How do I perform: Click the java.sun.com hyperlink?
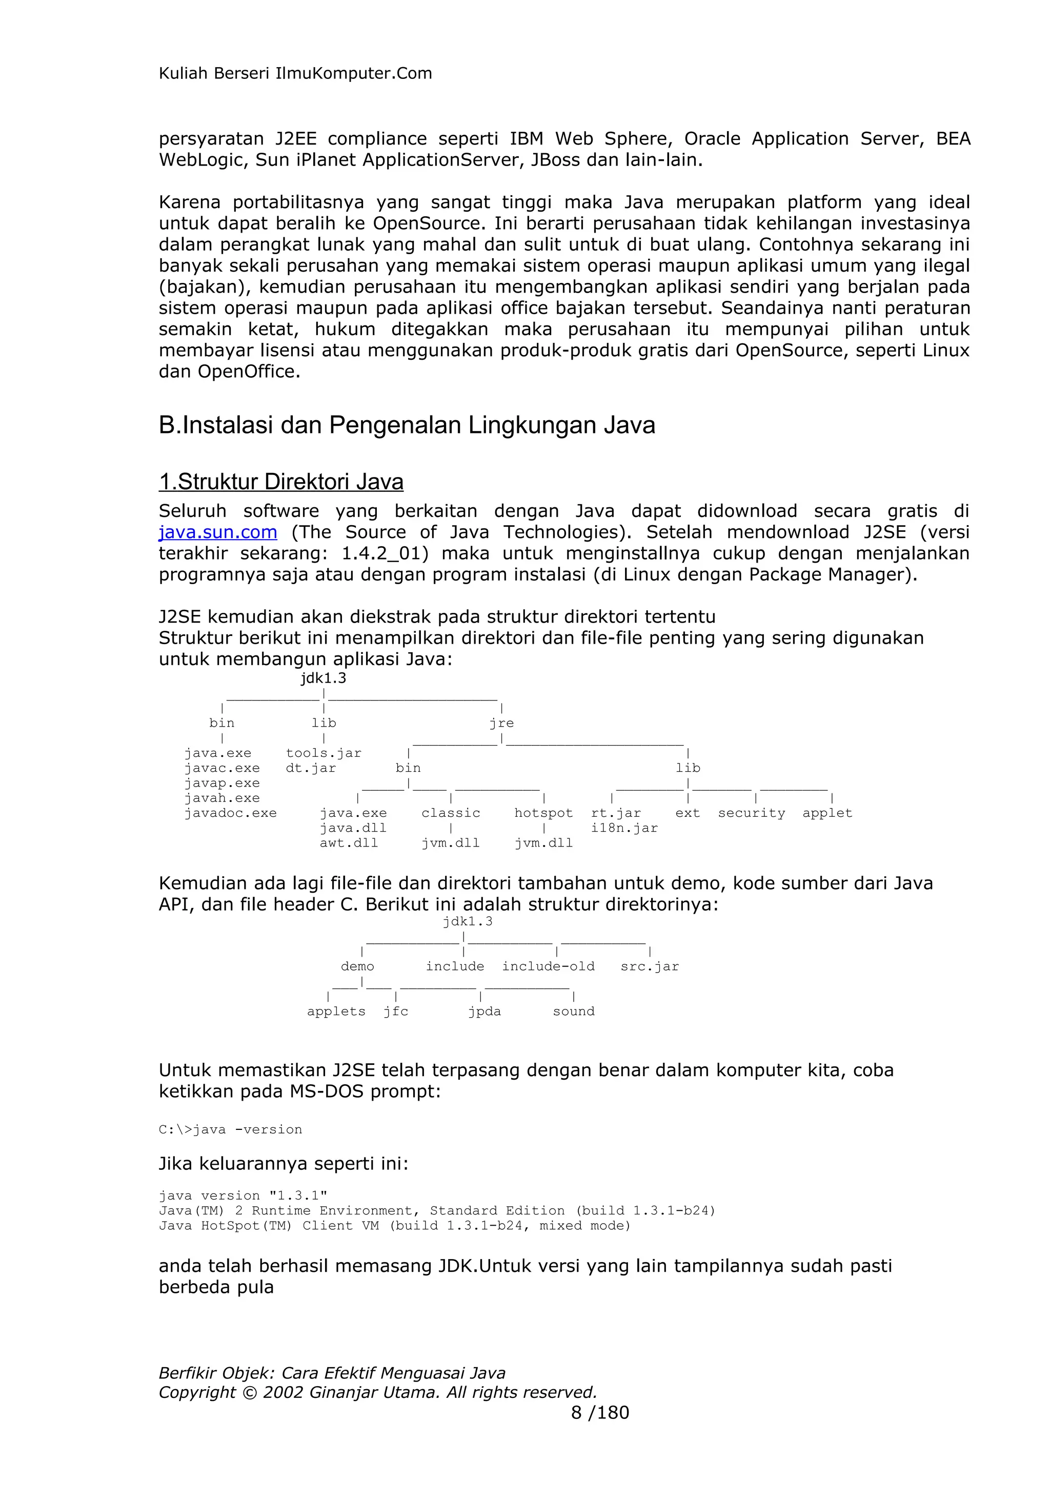[218, 532]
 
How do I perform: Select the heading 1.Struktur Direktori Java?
[281, 482]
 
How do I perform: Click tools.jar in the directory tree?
[324, 753]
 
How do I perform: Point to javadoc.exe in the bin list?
[230, 813]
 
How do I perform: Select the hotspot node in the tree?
[543, 813]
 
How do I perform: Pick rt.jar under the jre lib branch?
[615, 813]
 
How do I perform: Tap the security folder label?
[751, 813]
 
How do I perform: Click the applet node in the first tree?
[827, 813]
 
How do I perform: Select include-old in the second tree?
[548, 966]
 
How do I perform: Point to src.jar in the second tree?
[650, 966]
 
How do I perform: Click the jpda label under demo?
[484, 1012]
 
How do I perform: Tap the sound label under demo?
[573, 1012]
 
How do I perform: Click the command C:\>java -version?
[230, 1130]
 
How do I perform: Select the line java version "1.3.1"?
[243, 1196]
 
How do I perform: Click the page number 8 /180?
[600, 1413]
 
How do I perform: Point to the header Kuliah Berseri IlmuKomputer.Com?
[295, 73]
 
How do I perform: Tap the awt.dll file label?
[349, 843]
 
